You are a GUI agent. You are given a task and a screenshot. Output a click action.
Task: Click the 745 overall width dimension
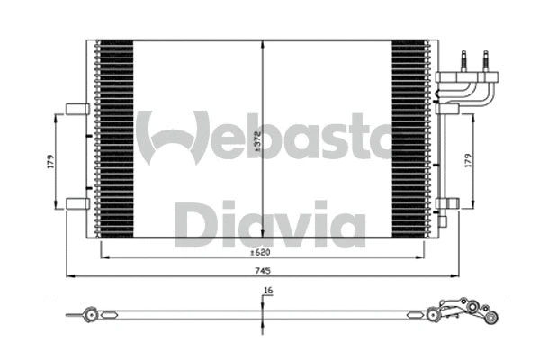click(x=263, y=270)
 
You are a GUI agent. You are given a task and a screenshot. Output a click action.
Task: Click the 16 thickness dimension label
click(x=267, y=291)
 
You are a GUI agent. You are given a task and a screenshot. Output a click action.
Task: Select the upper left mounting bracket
click(x=77, y=110)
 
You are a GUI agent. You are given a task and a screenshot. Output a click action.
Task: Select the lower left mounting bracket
click(x=77, y=203)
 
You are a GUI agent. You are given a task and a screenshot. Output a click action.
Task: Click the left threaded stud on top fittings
click(x=465, y=61)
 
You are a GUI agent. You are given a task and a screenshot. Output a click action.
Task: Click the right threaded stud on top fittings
click(x=485, y=61)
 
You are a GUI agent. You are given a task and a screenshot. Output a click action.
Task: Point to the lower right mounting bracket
click(x=447, y=204)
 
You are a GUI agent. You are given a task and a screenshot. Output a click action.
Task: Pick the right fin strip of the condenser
click(x=409, y=139)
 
